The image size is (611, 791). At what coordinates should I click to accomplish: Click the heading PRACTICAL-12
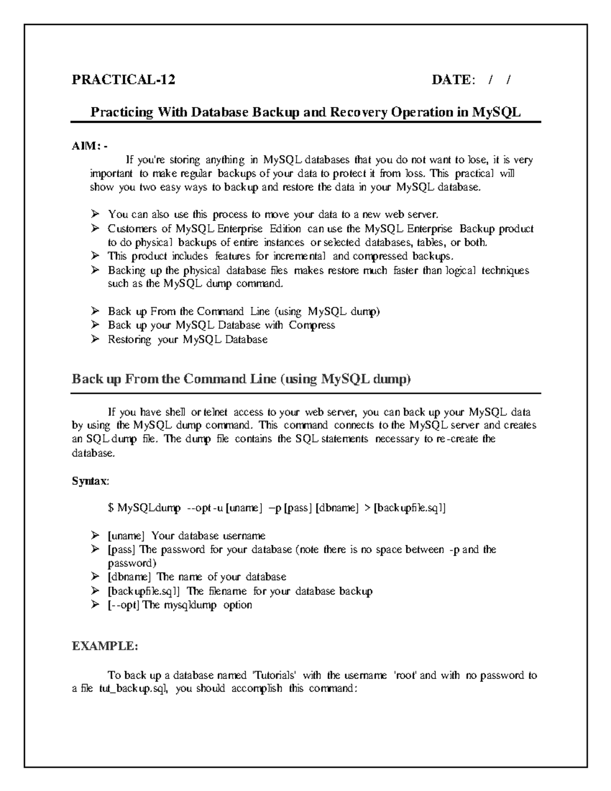[123, 79]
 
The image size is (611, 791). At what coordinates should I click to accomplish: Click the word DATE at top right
[453, 79]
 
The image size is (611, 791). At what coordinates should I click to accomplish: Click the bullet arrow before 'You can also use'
[95, 214]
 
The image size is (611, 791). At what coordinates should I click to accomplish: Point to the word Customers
[130, 229]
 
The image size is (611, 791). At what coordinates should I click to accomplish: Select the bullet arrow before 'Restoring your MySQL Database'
[95, 339]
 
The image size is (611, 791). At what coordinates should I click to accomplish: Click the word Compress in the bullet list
[312, 325]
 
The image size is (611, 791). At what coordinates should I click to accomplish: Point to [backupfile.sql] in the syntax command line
[410, 508]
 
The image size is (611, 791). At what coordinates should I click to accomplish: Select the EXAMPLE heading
[104, 646]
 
